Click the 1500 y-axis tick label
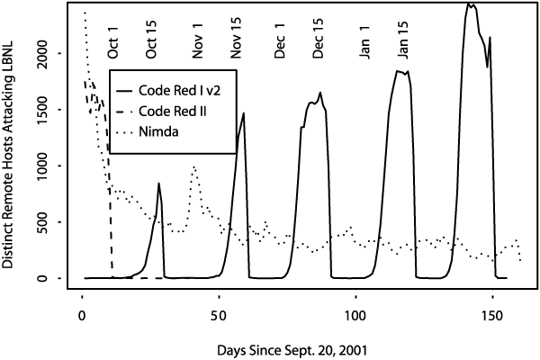point(50,109)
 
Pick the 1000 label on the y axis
point(50,166)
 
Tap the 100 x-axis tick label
point(355,318)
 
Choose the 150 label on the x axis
point(492,318)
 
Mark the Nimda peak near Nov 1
point(193,166)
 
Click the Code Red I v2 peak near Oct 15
point(158,184)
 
